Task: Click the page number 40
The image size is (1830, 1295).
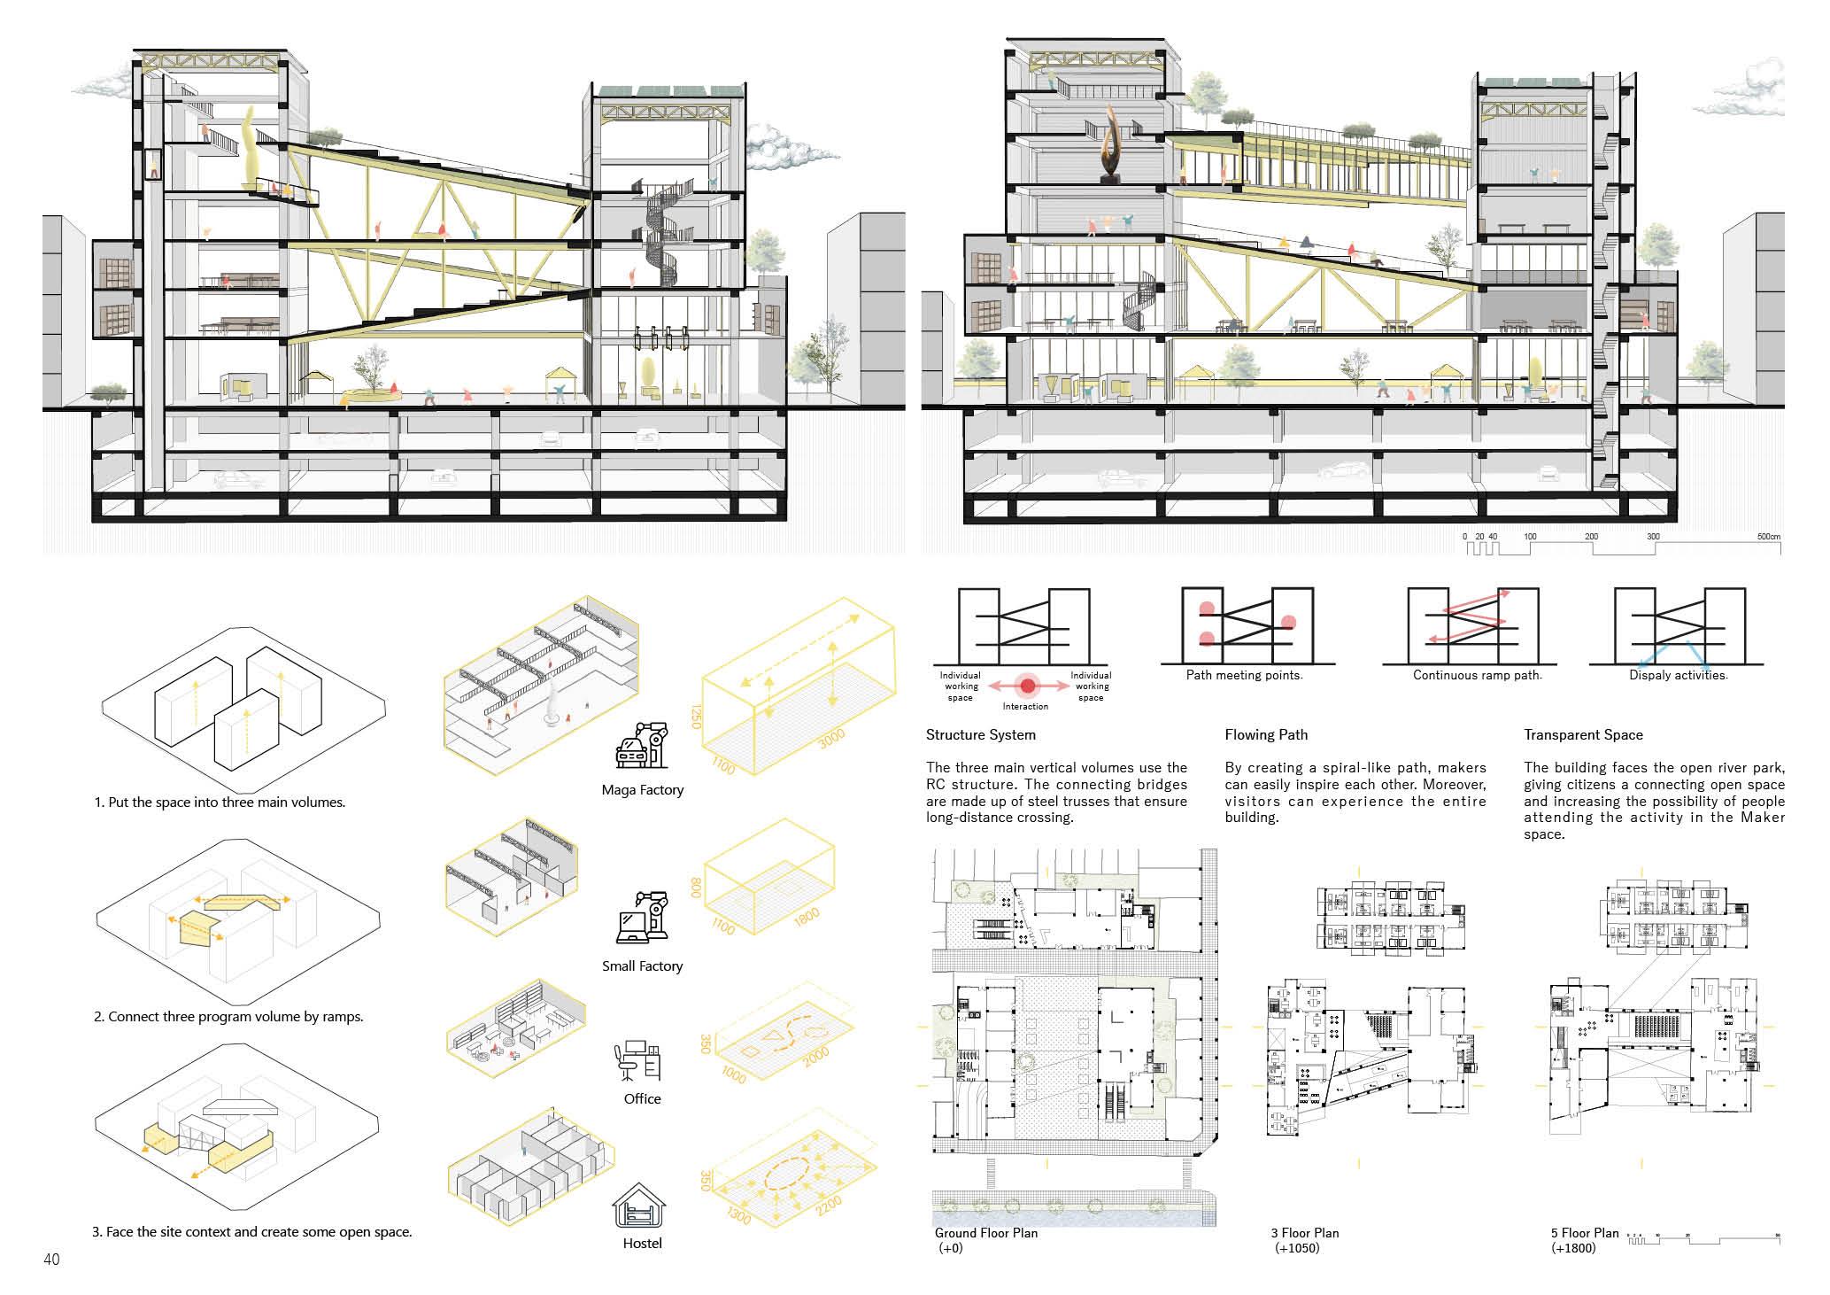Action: point(51,1260)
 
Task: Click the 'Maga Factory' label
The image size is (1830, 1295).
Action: point(642,790)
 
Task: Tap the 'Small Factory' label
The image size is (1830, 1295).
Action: point(642,965)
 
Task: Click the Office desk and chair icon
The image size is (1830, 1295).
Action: point(637,1062)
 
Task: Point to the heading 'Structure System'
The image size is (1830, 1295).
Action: point(980,734)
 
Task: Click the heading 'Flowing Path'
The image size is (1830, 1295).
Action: point(1266,734)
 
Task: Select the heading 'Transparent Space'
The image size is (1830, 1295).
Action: point(1583,734)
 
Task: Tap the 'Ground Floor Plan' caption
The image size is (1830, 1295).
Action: point(985,1233)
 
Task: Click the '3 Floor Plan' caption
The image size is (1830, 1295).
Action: point(1304,1233)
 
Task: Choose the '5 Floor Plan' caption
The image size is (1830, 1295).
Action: point(1584,1233)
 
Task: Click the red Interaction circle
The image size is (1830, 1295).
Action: point(1027,686)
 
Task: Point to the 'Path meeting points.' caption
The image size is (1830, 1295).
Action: point(1244,675)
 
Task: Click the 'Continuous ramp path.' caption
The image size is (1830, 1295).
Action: point(1477,675)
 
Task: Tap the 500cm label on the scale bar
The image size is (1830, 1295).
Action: point(1768,537)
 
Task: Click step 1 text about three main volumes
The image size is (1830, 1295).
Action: point(220,803)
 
